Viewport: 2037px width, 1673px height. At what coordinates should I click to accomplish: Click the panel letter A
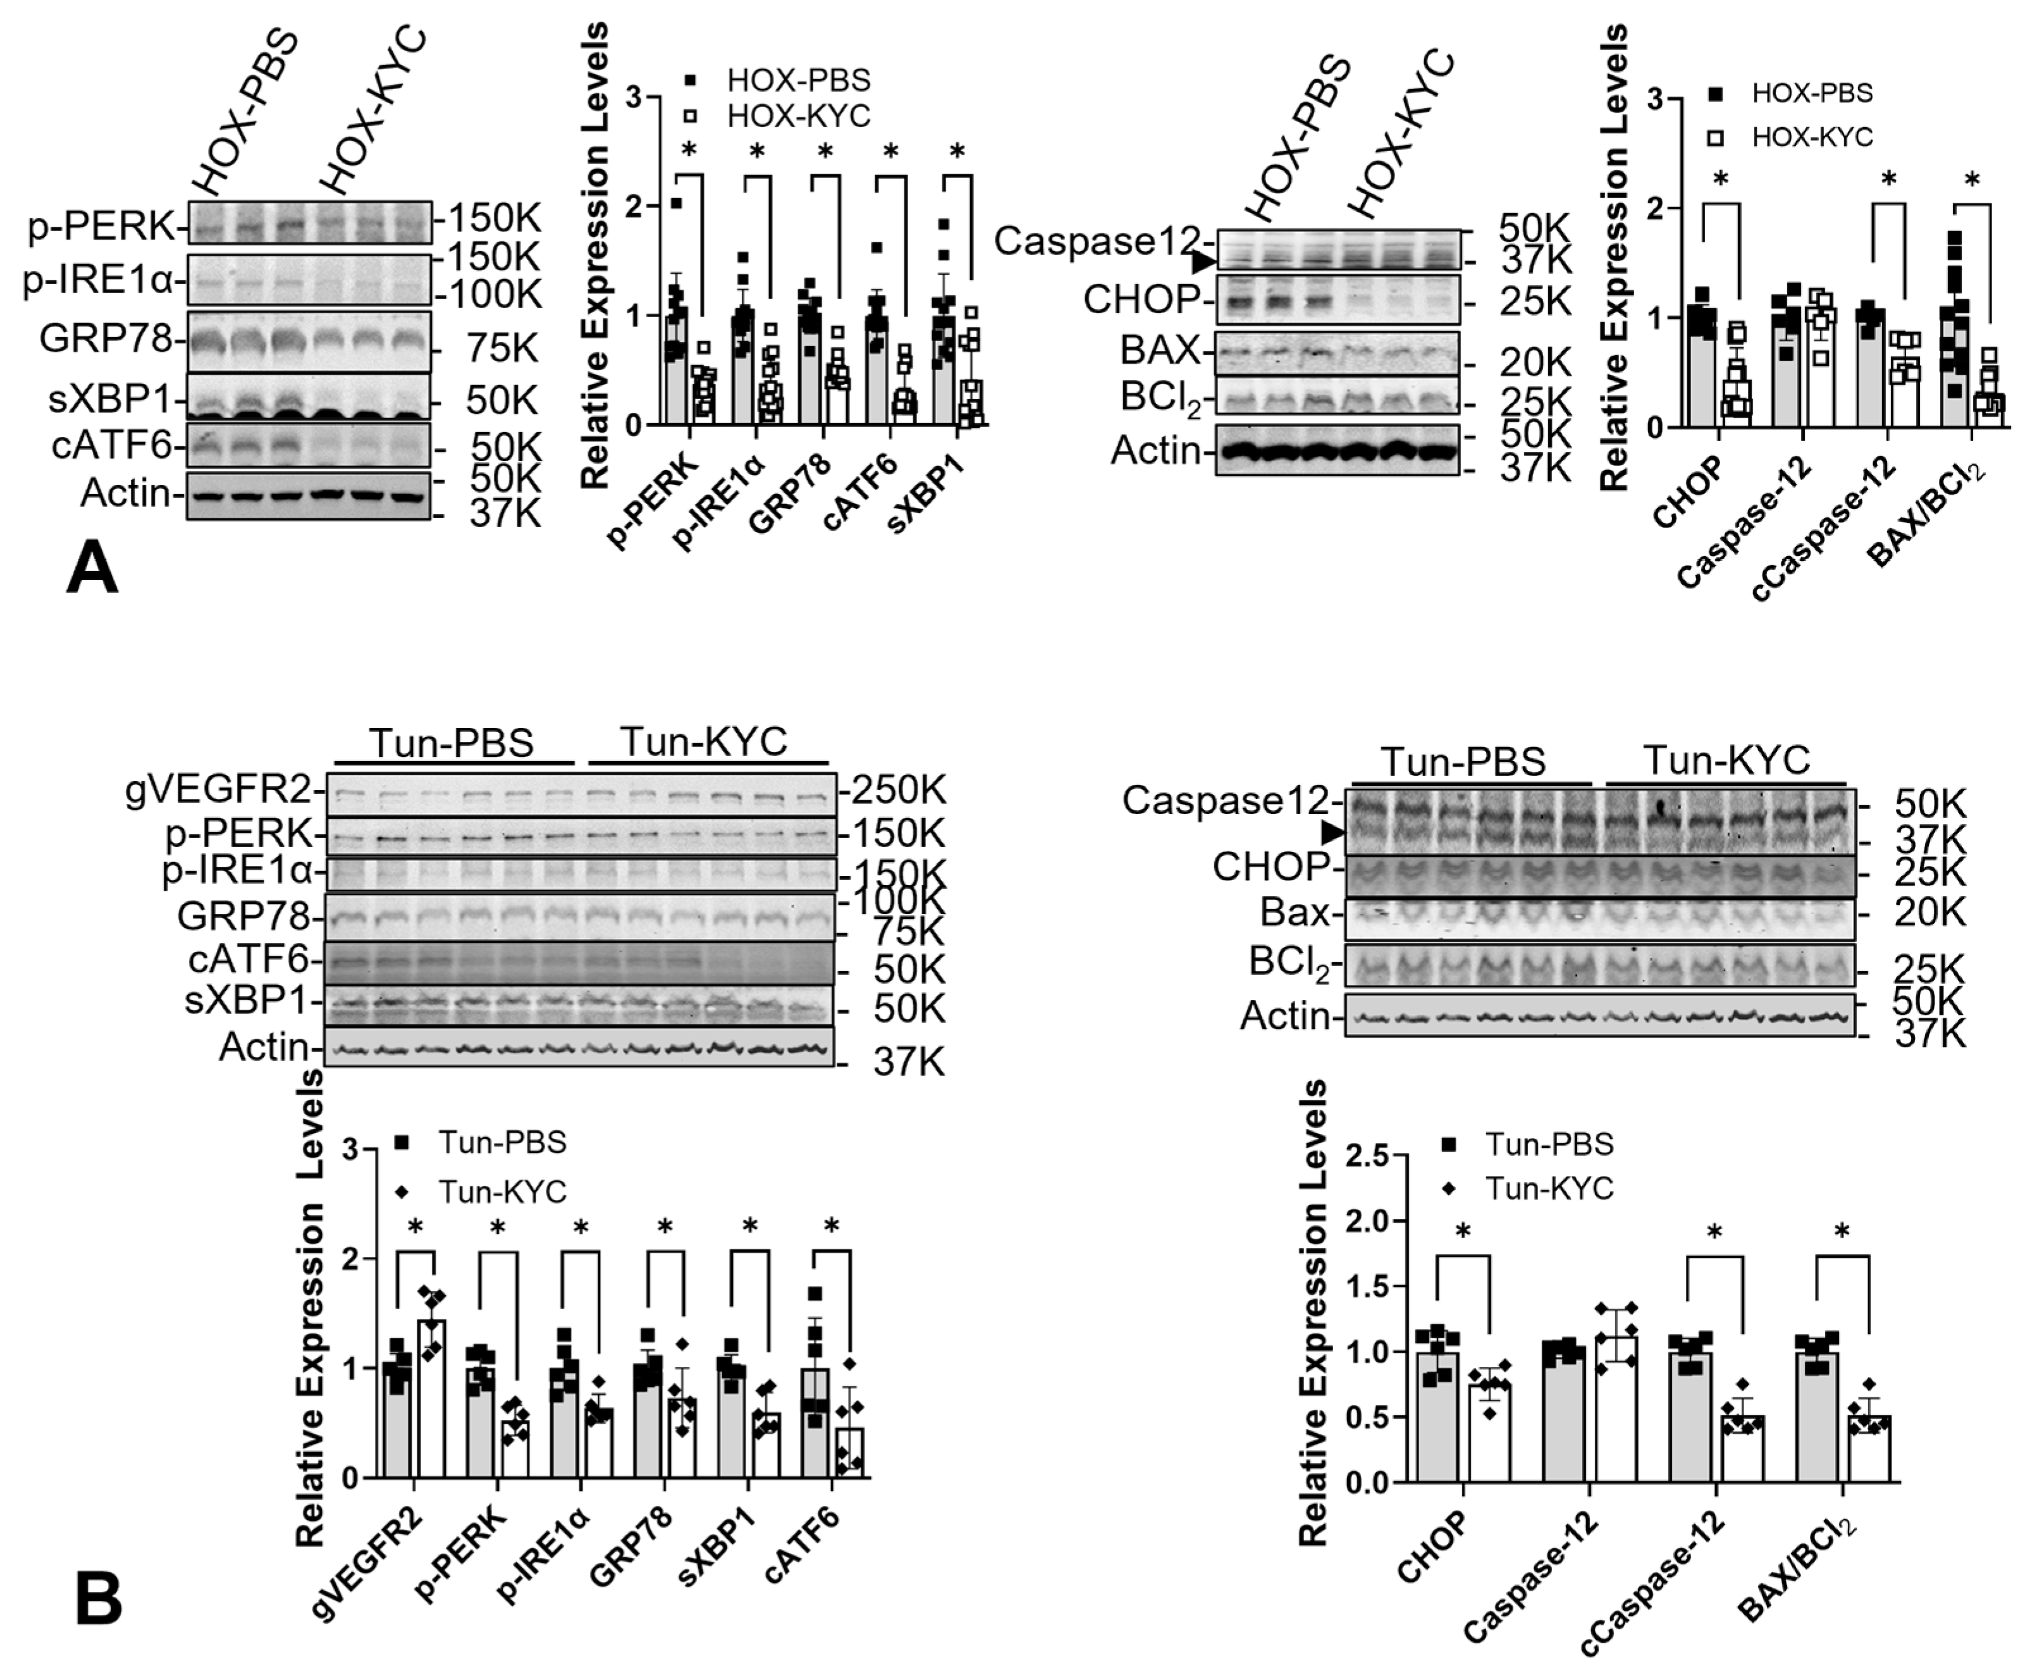click(92, 569)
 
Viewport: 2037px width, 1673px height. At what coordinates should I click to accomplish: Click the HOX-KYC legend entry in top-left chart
click(798, 116)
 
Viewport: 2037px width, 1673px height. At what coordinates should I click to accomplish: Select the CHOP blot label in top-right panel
click(1140, 300)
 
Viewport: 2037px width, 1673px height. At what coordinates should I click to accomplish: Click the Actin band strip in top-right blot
click(1336, 450)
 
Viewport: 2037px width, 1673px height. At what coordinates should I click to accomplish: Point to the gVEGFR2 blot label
click(219, 790)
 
